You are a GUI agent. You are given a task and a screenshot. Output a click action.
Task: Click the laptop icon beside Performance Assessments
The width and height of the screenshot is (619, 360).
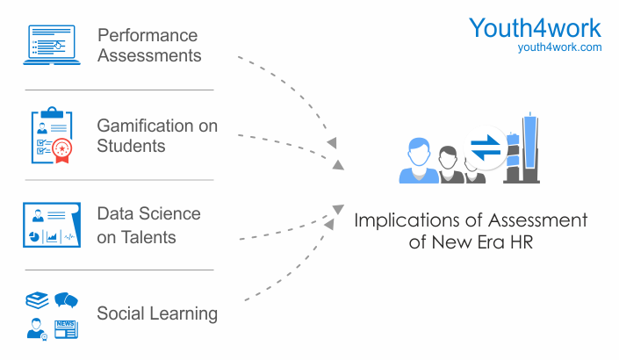click(x=52, y=45)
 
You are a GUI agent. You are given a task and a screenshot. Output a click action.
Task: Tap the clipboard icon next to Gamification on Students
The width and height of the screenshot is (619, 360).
click(x=52, y=135)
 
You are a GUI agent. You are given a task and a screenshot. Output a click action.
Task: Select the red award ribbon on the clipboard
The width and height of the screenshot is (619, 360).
click(x=62, y=150)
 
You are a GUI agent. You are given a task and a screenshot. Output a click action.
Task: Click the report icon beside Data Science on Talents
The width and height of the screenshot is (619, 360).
click(x=52, y=225)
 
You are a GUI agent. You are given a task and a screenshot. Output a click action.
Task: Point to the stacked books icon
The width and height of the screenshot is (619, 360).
click(x=37, y=300)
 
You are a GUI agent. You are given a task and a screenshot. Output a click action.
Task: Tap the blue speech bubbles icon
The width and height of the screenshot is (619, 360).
click(x=66, y=300)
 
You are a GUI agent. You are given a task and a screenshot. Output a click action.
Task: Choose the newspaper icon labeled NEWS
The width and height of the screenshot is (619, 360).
click(x=66, y=329)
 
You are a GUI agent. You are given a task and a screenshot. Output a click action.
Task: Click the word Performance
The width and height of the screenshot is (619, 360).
click(x=148, y=35)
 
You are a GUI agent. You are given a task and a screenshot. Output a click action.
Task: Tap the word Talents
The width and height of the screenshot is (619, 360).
click(x=148, y=237)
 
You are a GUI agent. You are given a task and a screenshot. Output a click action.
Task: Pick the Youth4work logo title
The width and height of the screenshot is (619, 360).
click(x=535, y=27)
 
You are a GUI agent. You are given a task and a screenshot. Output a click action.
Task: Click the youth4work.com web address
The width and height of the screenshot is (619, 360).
click(x=560, y=47)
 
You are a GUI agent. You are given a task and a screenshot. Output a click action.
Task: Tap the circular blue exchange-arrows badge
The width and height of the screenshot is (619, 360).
click(x=486, y=148)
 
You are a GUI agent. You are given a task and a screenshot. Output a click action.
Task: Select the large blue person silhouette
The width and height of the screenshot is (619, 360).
click(x=419, y=161)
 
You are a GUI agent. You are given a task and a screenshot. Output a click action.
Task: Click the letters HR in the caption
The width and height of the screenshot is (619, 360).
click(x=522, y=242)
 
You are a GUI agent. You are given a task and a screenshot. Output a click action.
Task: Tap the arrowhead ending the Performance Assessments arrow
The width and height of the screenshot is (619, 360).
click(x=332, y=142)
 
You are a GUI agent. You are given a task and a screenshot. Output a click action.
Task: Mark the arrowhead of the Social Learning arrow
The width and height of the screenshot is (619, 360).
click(x=329, y=224)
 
